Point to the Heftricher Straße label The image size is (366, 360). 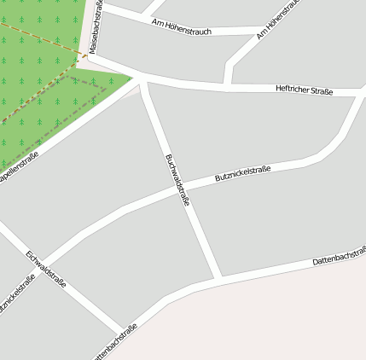click(305, 90)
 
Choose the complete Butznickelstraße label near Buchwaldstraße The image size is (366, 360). click(242, 174)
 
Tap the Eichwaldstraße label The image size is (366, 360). click(46, 268)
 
